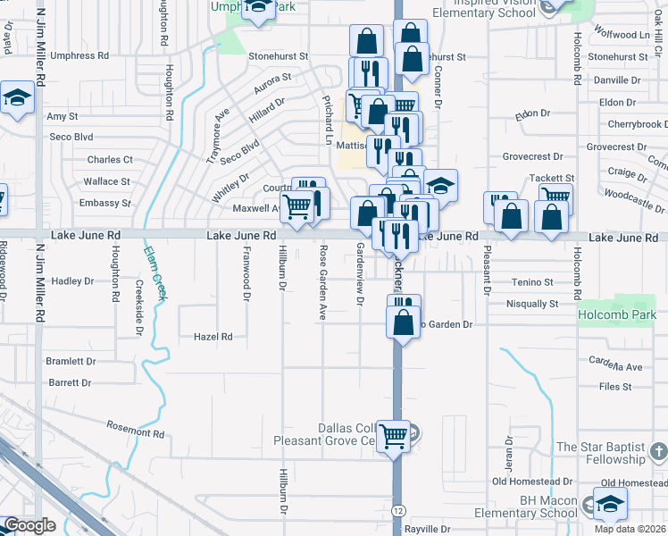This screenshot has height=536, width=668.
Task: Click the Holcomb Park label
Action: pyautogui.click(x=616, y=314)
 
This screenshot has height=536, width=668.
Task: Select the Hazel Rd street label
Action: pyautogui.click(x=213, y=337)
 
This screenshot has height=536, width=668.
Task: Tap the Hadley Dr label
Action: pyautogui.click(x=72, y=281)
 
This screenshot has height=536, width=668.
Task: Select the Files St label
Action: pyautogui.click(x=615, y=387)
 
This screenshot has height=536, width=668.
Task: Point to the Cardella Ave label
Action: pyautogui.click(x=615, y=366)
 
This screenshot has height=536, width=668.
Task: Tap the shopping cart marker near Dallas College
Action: pyautogui.click(x=393, y=437)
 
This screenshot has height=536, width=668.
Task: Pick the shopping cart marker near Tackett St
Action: pyautogui.click(x=555, y=198)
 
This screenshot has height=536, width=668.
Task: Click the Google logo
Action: pyautogui.click(x=30, y=525)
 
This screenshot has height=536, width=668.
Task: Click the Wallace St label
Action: pyautogui.click(x=106, y=181)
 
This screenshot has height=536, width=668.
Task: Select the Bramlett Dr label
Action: pyautogui.click(x=72, y=362)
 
